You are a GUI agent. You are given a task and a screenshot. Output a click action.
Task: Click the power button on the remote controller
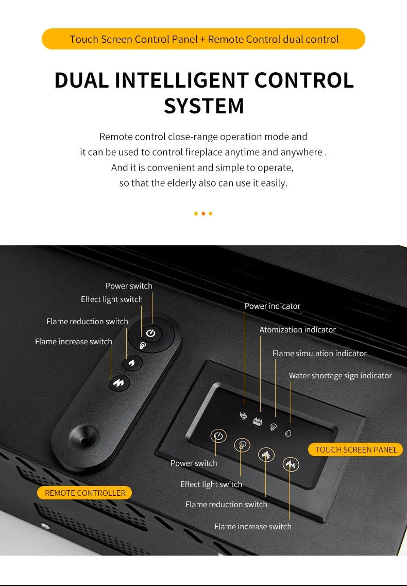pyautogui.click(x=151, y=333)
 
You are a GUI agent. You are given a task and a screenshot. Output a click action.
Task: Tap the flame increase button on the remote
pyautogui.click(x=119, y=383)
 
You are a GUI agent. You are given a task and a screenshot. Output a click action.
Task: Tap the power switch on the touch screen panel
pyautogui.click(x=218, y=436)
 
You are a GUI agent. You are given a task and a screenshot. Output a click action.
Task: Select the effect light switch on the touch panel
pyautogui.click(x=242, y=445)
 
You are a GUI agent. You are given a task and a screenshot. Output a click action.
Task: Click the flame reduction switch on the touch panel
pyautogui.click(x=266, y=455)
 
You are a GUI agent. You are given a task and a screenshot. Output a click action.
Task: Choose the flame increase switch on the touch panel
pyautogui.click(x=291, y=464)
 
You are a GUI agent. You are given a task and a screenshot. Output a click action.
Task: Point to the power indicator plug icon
pyautogui.click(x=243, y=415)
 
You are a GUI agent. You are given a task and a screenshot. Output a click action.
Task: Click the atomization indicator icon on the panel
pyautogui.click(x=258, y=421)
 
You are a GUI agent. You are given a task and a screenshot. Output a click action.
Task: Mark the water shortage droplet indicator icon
pyautogui.click(x=288, y=433)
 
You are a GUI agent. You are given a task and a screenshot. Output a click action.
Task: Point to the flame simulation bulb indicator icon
pyautogui.click(x=274, y=427)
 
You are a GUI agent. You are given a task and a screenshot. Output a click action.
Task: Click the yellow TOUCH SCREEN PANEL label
pyautogui.click(x=356, y=449)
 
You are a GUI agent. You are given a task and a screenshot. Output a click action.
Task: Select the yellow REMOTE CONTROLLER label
pyautogui.click(x=84, y=493)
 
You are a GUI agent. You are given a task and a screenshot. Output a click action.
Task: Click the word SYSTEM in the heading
pyautogui.click(x=204, y=106)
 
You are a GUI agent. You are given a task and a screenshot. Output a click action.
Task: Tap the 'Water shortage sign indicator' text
pyautogui.click(x=341, y=376)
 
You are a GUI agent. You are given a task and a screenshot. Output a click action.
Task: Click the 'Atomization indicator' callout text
pyautogui.click(x=297, y=330)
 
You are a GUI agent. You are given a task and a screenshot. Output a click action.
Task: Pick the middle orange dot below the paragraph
pyautogui.click(x=203, y=214)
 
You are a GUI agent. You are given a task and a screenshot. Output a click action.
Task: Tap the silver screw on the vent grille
pyautogui.click(x=46, y=526)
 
